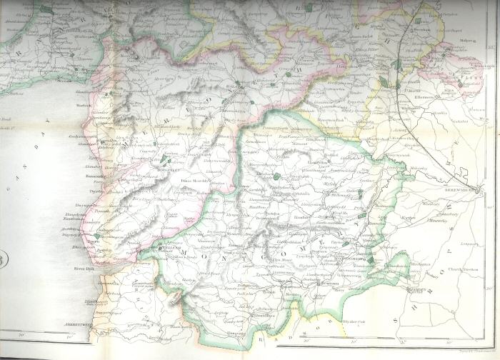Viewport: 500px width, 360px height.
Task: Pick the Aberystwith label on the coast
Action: tap(79, 323)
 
